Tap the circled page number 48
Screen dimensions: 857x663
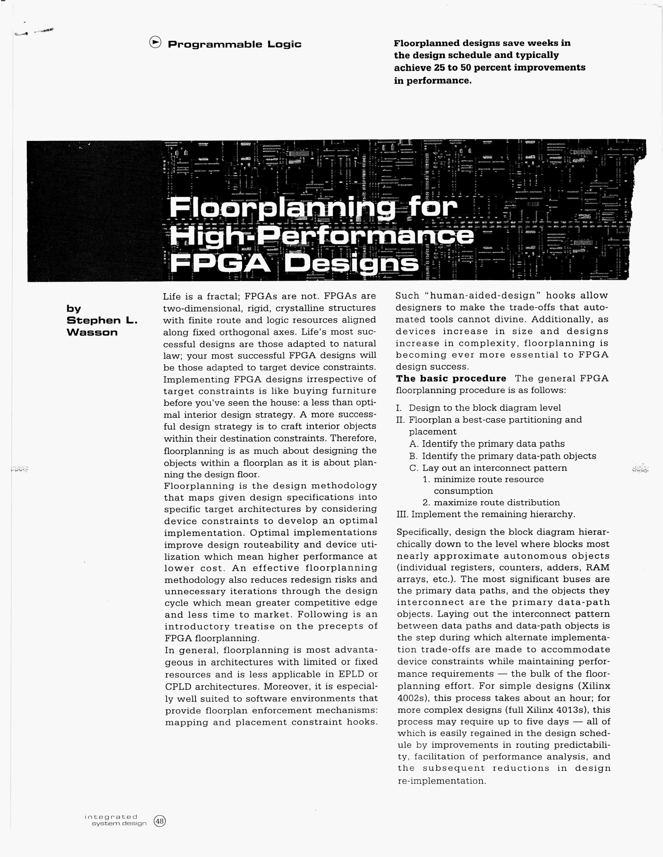click(x=160, y=821)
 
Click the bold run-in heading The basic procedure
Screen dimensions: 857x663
click(x=451, y=379)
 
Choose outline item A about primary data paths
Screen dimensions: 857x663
click(x=487, y=444)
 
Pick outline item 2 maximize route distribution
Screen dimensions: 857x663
click(x=491, y=503)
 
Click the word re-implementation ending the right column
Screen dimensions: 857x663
click(x=442, y=781)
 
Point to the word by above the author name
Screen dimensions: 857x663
click(x=74, y=309)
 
